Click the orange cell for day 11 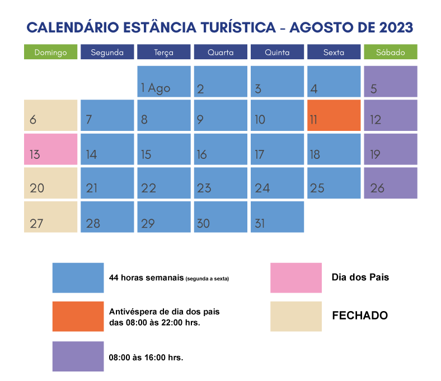[x=334, y=115]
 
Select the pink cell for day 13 [x=50, y=149]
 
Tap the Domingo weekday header [x=50, y=52]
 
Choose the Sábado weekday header [x=391, y=52]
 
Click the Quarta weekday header [x=221, y=52]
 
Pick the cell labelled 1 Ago [x=163, y=81]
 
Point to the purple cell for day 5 [x=391, y=81]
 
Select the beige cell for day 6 [x=50, y=115]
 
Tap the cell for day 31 [x=277, y=217]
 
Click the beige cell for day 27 [x=50, y=217]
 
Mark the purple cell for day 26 [x=391, y=183]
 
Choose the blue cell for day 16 [x=221, y=149]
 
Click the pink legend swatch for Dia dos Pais [x=296, y=277]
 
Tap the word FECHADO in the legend [x=360, y=316]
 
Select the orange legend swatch [x=78, y=316]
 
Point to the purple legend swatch [x=78, y=356]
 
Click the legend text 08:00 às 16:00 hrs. [x=146, y=357]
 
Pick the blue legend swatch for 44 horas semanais [x=78, y=277]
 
